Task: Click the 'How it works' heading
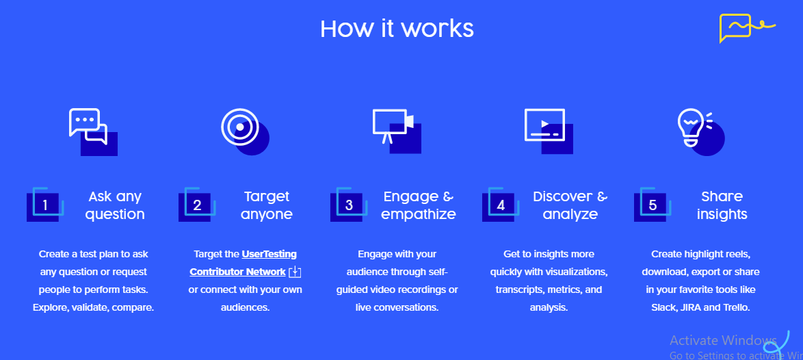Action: [x=397, y=29]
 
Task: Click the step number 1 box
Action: [x=45, y=205]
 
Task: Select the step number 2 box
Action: [x=197, y=205]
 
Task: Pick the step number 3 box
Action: [x=349, y=205]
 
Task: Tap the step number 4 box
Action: [x=501, y=205]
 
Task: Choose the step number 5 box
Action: [x=653, y=205]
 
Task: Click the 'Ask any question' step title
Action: [x=115, y=205]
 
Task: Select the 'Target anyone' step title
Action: [x=267, y=205]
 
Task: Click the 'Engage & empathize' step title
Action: [x=419, y=205]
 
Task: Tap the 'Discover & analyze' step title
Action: [x=570, y=205]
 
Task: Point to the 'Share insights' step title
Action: [x=722, y=205]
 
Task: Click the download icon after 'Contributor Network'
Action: [x=295, y=272]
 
